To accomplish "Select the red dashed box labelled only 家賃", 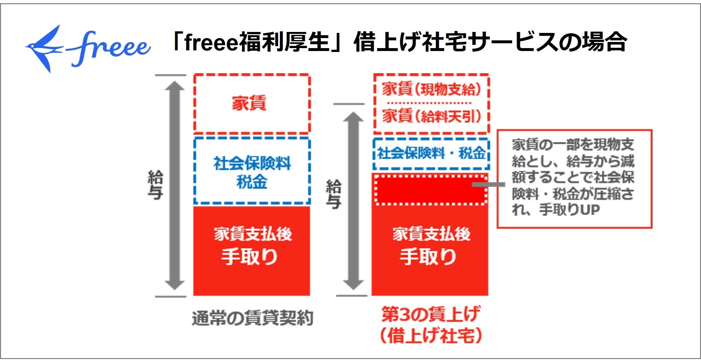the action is (252, 104).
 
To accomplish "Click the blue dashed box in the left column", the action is (252, 171).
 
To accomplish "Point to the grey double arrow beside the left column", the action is (175, 186).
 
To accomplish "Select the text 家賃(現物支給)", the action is (431, 89).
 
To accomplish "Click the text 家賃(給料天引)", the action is (431, 116).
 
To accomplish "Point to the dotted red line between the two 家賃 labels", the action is (429, 103).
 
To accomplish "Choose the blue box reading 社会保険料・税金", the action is (431, 153).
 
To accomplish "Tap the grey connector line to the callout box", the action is (488, 184).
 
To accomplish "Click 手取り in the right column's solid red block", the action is (428, 257).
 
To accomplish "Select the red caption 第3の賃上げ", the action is (431, 314).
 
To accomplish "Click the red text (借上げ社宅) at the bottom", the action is (431, 336).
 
